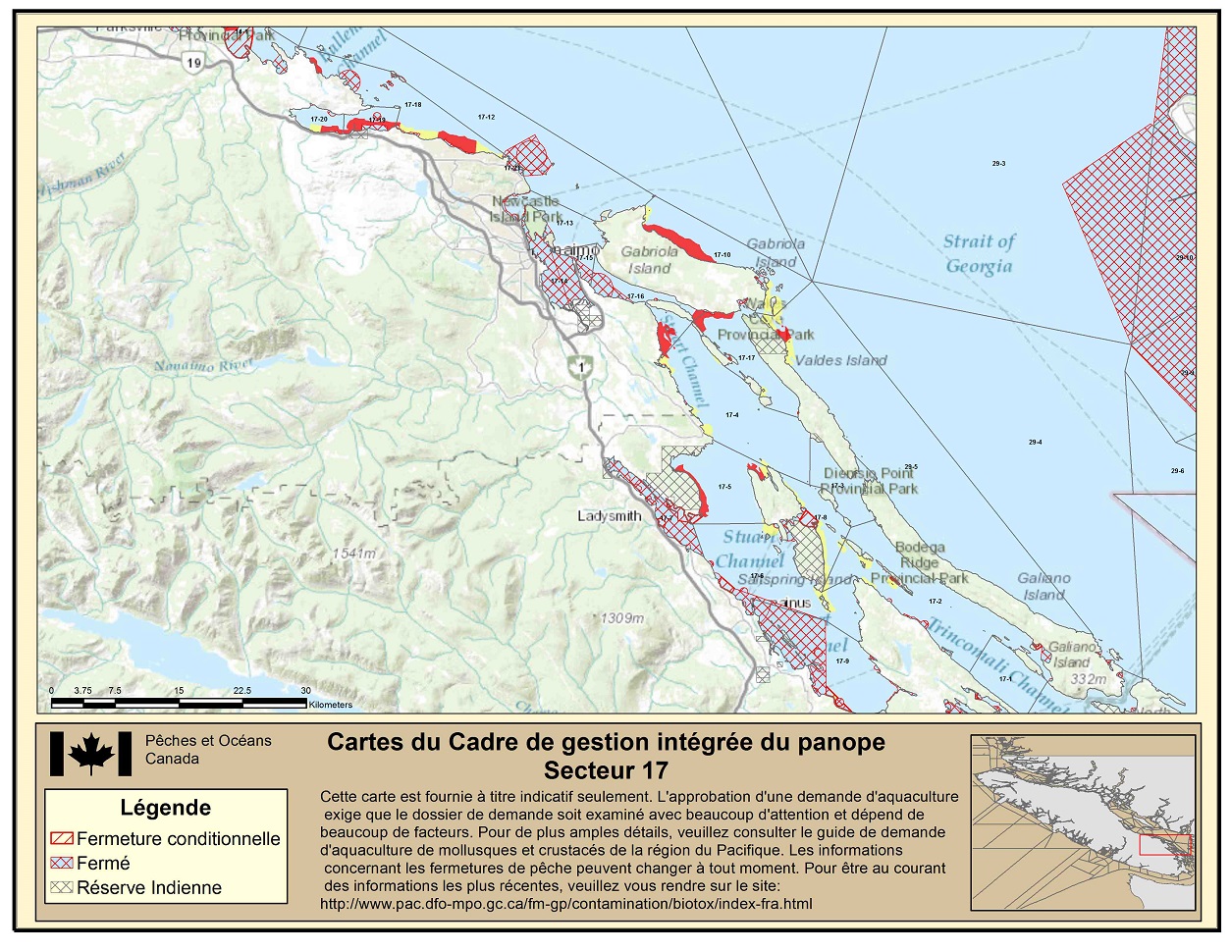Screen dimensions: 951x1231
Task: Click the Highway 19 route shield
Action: click(194, 63)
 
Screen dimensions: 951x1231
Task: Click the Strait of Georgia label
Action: click(979, 253)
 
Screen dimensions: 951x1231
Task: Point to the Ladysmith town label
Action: click(610, 516)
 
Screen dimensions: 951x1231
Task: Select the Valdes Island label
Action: click(840, 360)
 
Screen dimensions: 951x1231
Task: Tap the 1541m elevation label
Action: click(353, 554)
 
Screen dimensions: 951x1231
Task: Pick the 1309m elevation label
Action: click(622, 618)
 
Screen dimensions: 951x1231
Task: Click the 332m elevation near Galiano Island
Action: click(1088, 679)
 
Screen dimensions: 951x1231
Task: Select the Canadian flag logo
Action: click(90, 754)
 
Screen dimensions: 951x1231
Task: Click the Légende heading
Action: click(166, 808)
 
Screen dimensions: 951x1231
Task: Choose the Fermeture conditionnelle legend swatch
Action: click(62, 839)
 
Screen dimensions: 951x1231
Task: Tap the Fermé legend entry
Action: click(103, 864)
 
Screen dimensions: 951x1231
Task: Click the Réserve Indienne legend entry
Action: click(149, 888)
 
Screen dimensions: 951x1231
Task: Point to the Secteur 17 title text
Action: click(606, 769)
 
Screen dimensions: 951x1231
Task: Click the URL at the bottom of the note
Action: click(565, 904)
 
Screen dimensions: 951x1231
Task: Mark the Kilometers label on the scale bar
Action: click(330, 705)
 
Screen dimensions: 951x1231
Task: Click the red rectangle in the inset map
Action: click(1166, 844)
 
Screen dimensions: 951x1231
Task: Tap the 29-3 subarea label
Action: click(998, 164)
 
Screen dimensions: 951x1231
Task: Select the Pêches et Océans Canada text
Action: click(208, 750)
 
